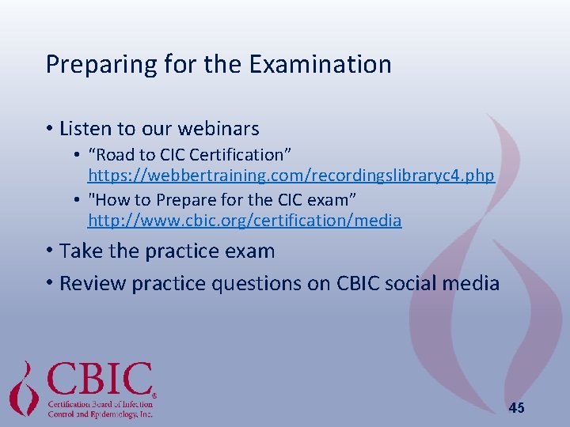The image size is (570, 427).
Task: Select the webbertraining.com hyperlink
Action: coord(291,175)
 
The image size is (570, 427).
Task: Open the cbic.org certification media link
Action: coord(244,221)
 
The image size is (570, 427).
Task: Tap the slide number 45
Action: coord(516,408)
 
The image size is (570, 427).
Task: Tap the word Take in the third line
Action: coord(78,251)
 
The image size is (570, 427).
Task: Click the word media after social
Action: coord(473,283)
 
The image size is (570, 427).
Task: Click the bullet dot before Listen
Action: coord(49,129)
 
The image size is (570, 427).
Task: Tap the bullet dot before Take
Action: coord(49,252)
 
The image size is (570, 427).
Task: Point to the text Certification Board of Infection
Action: coord(100,403)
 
